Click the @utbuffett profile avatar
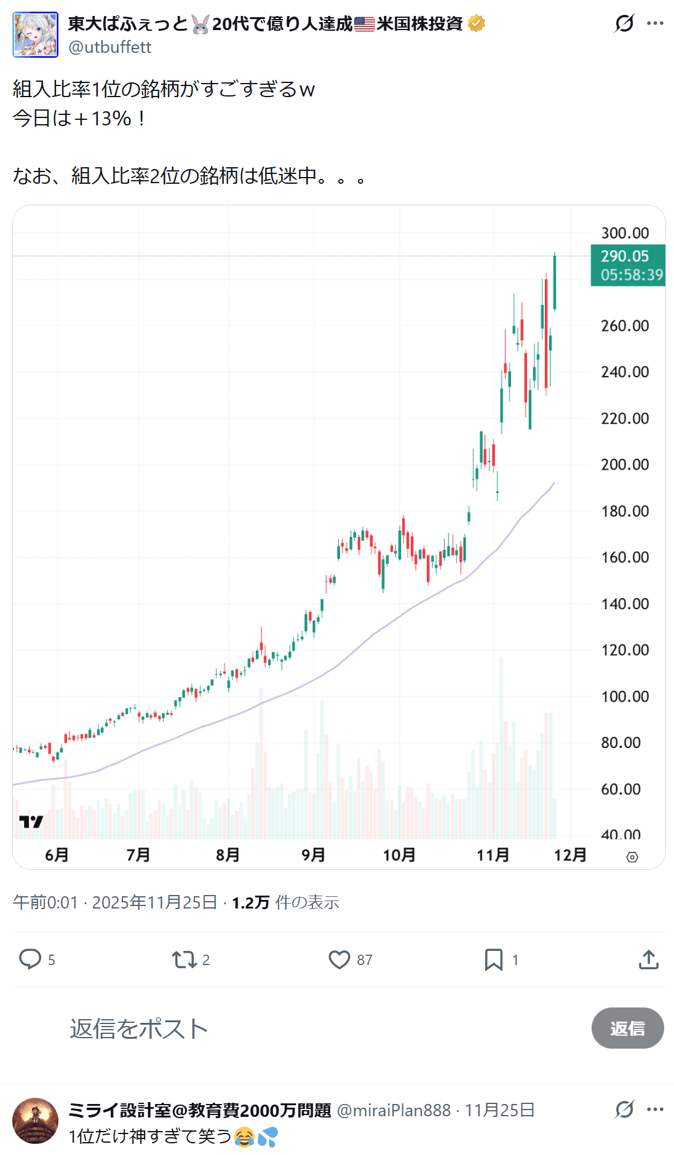[36, 34]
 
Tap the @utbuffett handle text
[109, 47]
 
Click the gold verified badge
[477, 24]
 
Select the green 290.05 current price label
[627, 265]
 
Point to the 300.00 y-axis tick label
[625, 233]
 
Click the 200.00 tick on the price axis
[625, 465]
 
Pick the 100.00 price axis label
[625, 696]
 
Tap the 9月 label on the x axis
[313, 855]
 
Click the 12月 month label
[570, 855]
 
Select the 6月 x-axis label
[57, 855]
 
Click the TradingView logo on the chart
[31, 822]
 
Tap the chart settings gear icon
[632, 857]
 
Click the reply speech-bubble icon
[30, 959]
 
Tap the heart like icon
[339, 959]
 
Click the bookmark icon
[493, 959]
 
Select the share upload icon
[649, 959]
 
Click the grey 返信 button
[627, 1028]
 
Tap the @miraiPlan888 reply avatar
[36, 1121]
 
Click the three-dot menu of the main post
[656, 23]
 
